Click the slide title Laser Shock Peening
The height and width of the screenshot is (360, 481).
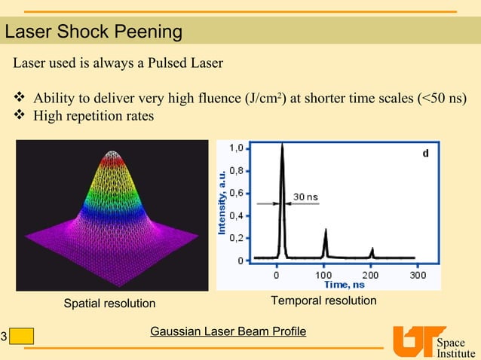(x=93, y=32)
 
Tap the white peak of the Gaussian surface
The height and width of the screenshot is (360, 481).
(x=113, y=155)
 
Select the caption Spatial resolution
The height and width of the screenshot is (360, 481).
(x=109, y=304)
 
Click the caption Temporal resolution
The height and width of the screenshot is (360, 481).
(x=323, y=301)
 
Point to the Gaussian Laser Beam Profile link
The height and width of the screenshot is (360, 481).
(x=228, y=331)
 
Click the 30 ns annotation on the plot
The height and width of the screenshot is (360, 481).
(x=305, y=197)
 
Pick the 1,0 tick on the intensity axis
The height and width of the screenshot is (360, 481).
(x=236, y=148)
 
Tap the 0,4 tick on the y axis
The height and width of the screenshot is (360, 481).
(x=236, y=215)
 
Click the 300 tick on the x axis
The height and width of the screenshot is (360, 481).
(x=418, y=275)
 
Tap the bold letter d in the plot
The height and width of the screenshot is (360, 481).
(x=425, y=154)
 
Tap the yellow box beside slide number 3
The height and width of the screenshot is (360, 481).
(x=22, y=336)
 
